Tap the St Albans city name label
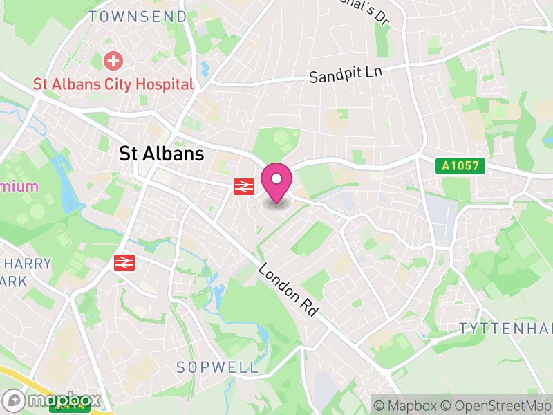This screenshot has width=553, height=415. [162, 154]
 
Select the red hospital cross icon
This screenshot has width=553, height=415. [112, 62]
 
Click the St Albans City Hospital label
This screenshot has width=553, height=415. [113, 84]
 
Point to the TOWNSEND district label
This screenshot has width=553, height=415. [138, 17]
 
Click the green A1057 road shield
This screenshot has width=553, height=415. [460, 166]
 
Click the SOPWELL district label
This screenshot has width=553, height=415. [217, 367]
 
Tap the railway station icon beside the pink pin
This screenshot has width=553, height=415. [244, 186]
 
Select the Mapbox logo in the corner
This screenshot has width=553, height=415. [53, 400]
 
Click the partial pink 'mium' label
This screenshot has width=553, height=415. [19, 186]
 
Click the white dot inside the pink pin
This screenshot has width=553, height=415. [276, 179]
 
